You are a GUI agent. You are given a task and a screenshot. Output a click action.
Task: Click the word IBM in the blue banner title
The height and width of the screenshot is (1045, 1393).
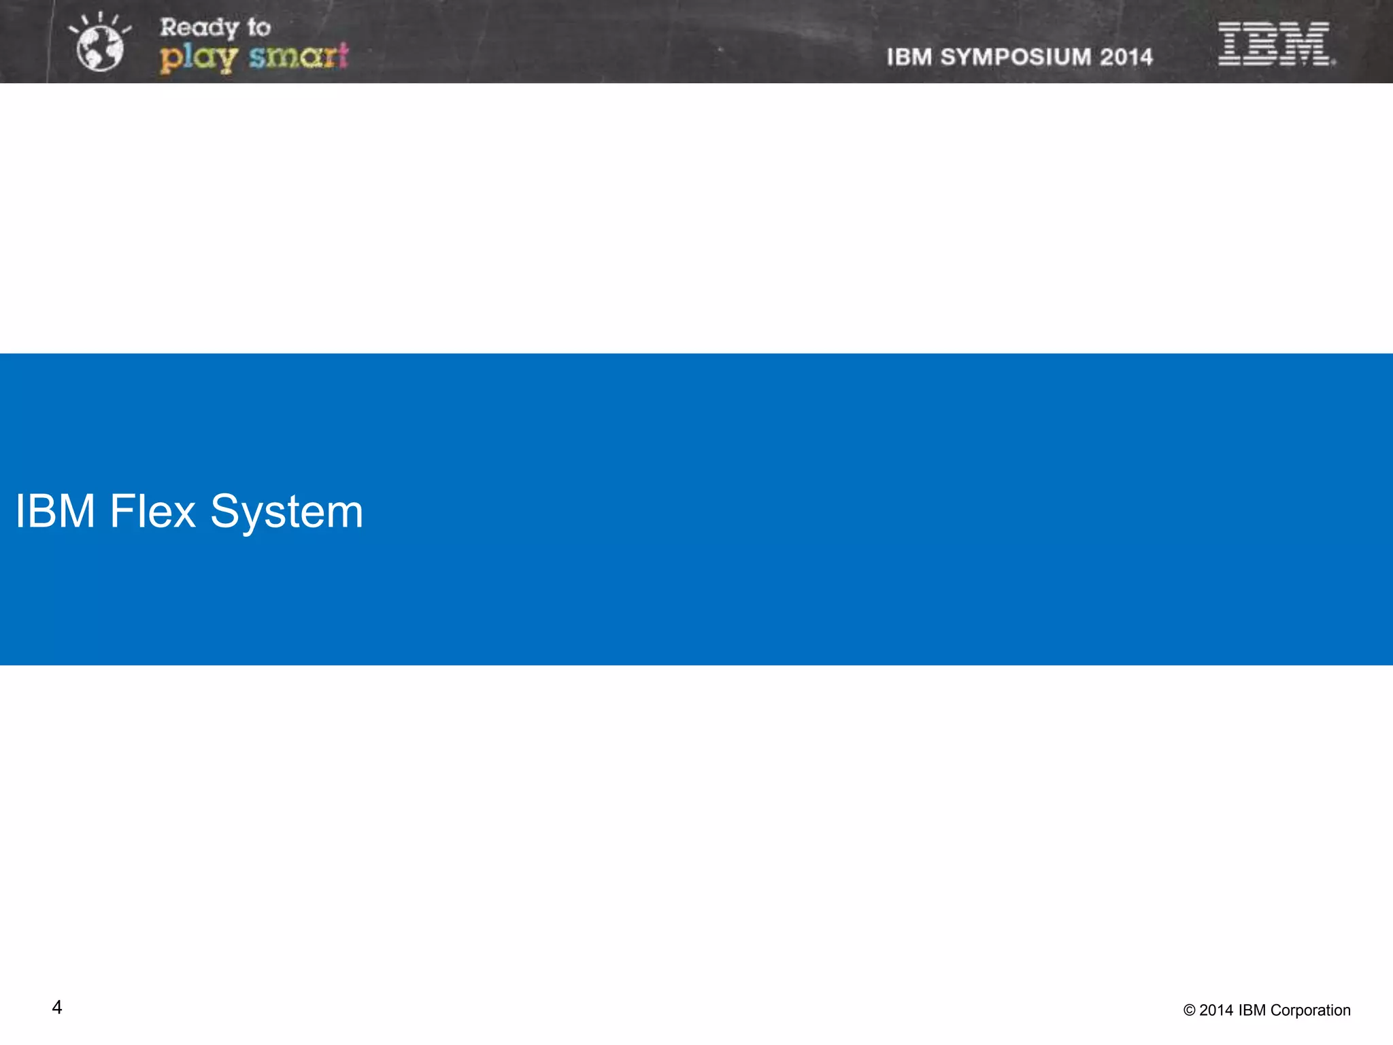tap(54, 512)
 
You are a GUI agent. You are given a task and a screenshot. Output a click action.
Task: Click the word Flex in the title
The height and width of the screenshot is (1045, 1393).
tap(152, 512)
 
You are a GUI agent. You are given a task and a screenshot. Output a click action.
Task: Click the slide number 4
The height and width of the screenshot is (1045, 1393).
tap(57, 1008)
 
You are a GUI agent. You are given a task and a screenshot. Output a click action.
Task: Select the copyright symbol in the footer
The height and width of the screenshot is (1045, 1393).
tap(1189, 1011)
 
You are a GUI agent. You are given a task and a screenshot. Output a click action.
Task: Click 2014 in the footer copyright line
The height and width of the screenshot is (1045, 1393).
tap(1216, 1010)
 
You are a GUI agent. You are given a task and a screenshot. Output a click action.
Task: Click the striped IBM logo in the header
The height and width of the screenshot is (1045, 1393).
tap(1275, 44)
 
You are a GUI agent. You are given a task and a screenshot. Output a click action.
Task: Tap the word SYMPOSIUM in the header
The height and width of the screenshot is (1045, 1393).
tap(1016, 57)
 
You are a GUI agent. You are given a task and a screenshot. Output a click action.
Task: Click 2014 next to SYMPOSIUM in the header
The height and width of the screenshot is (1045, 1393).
tap(1126, 57)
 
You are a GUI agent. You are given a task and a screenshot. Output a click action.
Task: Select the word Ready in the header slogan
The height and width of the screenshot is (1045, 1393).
tap(199, 29)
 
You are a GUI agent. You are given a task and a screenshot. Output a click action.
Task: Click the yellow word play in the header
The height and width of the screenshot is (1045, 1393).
tap(198, 57)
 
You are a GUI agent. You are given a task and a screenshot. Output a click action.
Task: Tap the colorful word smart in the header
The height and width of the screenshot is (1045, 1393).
tap(299, 56)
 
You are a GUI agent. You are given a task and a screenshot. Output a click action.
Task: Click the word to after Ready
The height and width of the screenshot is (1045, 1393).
tap(258, 28)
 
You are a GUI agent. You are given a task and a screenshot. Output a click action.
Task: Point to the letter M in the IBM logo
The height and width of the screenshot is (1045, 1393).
tap(1307, 44)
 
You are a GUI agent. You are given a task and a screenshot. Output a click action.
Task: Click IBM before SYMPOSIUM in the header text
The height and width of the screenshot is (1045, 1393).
tap(909, 57)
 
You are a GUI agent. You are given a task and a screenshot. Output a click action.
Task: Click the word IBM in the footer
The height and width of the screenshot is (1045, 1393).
tap(1252, 1010)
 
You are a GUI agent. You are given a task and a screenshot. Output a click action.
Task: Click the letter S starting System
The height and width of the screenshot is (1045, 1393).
tap(226, 512)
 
